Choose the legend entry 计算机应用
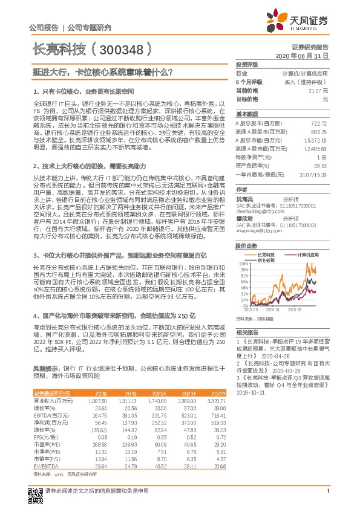(312, 255)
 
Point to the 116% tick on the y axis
(243, 264)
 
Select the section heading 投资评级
(247, 64)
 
